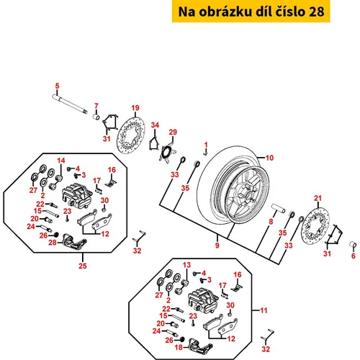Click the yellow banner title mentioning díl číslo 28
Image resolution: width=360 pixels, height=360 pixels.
click(x=251, y=12)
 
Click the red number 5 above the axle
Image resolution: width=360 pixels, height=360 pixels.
click(x=57, y=86)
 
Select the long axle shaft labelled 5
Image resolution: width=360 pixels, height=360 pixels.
click(x=70, y=104)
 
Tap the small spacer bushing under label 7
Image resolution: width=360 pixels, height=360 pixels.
click(x=96, y=117)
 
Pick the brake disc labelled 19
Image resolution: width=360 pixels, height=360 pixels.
click(x=131, y=135)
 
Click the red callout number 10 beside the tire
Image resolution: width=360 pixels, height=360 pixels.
click(x=269, y=158)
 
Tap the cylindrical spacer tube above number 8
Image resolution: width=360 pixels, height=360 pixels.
click(x=279, y=208)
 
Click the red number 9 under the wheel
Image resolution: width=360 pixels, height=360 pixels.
click(x=217, y=246)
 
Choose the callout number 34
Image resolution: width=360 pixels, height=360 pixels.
click(x=155, y=125)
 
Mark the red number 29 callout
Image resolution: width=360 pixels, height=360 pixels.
click(x=173, y=132)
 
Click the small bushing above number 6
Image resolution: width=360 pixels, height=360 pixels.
click(x=353, y=246)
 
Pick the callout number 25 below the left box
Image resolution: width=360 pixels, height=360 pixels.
click(x=83, y=266)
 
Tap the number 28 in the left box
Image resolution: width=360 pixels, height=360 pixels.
click(x=53, y=243)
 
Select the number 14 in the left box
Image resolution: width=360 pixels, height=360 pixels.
click(x=61, y=161)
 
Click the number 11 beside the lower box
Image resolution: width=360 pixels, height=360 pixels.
click(x=264, y=310)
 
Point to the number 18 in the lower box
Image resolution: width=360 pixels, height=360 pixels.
click(x=179, y=347)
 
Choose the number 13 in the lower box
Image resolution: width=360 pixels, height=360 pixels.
click(x=186, y=265)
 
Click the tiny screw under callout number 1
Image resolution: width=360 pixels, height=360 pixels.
click(x=206, y=153)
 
